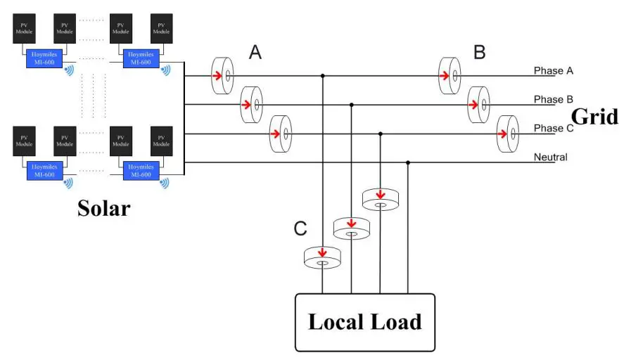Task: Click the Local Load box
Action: [364, 322]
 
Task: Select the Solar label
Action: [103, 207]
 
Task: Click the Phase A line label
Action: [554, 71]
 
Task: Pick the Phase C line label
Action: [554, 129]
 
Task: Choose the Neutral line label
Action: [550, 157]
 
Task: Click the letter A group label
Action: [255, 52]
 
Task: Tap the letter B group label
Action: [479, 52]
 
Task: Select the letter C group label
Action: [300, 229]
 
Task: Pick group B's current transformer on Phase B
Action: [478, 104]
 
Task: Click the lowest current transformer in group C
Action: [322, 258]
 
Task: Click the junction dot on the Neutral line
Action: [408, 162]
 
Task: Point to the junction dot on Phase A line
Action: [322, 75]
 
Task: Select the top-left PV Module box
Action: [25, 29]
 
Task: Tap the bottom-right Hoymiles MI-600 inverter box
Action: [141, 170]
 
